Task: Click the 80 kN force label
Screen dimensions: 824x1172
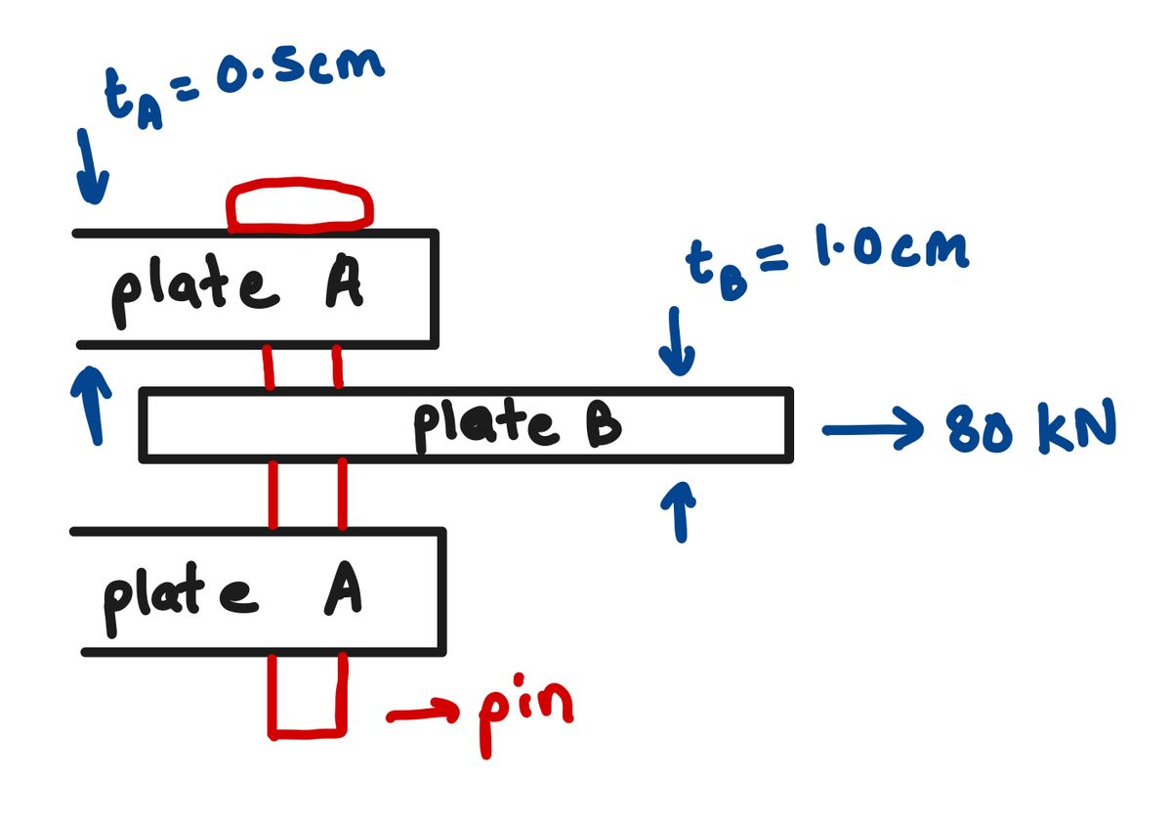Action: pos(1030,427)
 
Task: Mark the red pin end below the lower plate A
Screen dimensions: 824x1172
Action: pos(308,696)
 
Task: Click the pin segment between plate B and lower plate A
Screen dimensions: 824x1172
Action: pos(308,494)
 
